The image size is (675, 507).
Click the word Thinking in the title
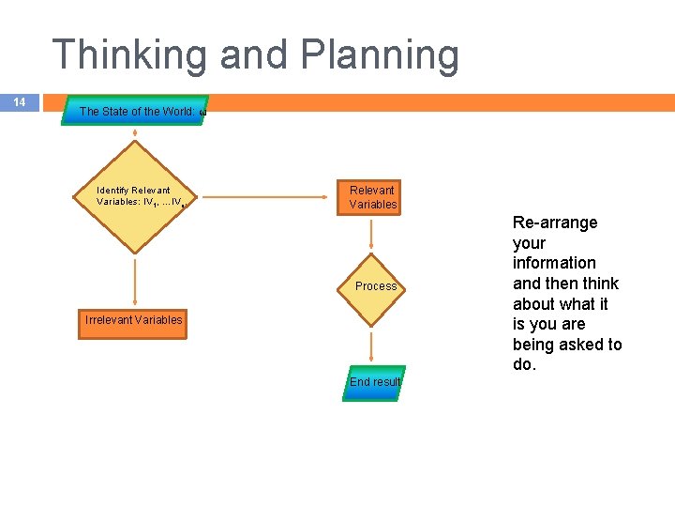coord(129,55)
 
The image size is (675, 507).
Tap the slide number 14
coord(20,102)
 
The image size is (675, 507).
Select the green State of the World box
coord(135,111)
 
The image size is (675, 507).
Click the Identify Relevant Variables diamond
coord(135,197)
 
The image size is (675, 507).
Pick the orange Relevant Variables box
coord(373,197)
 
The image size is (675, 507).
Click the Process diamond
coord(373,285)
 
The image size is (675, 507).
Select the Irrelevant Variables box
coord(134,320)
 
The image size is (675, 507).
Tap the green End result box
coord(374,382)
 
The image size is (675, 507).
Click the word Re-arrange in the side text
coord(555,223)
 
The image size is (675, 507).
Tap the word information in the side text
coord(554,263)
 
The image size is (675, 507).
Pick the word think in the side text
coord(600,284)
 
